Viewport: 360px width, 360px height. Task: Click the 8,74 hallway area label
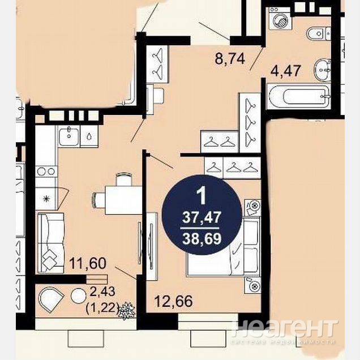(x=230, y=58)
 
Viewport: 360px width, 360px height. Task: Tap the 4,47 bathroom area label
(x=286, y=71)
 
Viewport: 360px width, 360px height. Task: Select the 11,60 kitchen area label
(x=88, y=263)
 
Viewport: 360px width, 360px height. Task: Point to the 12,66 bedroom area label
(x=173, y=301)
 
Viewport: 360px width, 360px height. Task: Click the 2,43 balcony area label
(x=102, y=292)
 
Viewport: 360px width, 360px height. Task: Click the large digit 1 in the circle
(x=202, y=195)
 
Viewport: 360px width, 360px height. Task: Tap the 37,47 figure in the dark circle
(x=202, y=217)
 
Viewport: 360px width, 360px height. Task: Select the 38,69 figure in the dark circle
(x=202, y=239)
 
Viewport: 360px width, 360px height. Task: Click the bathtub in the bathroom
(x=299, y=96)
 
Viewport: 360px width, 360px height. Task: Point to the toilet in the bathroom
(x=319, y=33)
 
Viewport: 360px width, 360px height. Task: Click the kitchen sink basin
(x=68, y=137)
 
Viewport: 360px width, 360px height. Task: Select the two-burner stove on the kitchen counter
(x=46, y=172)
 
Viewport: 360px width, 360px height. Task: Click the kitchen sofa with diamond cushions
(x=51, y=243)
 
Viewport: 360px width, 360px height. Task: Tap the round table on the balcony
(x=78, y=295)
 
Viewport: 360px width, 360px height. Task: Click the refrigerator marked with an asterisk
(x=46, y=198)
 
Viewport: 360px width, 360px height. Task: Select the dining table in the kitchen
(x=123, y=200)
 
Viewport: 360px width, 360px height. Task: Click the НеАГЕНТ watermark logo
(x=285, y=328)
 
